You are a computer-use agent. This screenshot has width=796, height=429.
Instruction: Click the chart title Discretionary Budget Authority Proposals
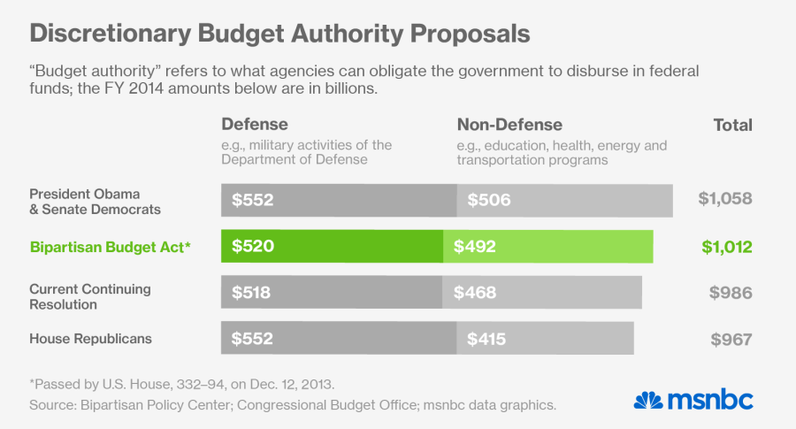279,34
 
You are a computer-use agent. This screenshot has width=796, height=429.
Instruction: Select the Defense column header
255,125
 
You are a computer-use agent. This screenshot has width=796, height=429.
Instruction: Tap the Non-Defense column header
509,125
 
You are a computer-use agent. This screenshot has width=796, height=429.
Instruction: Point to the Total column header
733,125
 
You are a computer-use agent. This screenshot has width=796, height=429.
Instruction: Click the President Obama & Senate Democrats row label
96,201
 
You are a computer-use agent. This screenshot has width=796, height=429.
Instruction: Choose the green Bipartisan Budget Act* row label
111,247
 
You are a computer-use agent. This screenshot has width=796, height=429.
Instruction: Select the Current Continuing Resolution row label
90,296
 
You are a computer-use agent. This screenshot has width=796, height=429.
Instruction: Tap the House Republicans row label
90,339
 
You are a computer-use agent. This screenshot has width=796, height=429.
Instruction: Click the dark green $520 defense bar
332,247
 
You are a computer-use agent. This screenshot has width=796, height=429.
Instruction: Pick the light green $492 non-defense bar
548,247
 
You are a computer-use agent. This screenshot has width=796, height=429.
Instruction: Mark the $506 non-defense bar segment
565,201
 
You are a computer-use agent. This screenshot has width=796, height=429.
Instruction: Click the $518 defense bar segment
332,293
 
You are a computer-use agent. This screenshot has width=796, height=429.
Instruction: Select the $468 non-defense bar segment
542,293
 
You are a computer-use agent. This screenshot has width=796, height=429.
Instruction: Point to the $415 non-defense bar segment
546,339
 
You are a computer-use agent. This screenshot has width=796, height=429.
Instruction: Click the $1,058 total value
725,198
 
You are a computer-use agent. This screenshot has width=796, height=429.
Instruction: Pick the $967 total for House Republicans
732,339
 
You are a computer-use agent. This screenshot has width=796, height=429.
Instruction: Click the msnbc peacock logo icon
648,400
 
